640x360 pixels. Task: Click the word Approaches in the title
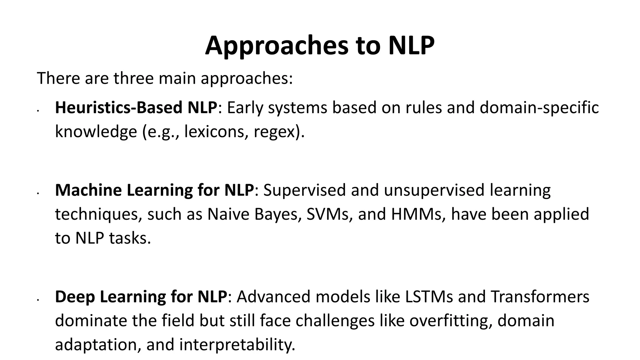[277, 46]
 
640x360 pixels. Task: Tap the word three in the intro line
[133, 78]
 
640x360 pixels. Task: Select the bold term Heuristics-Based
[119, 108]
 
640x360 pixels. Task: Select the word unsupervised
[434, 190]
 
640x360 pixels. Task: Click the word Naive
[228, 214]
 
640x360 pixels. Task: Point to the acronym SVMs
[329, 214]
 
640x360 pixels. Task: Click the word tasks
[130, 238]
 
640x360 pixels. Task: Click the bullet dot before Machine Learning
[37, 194]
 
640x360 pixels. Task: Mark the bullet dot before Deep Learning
[37, 300]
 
